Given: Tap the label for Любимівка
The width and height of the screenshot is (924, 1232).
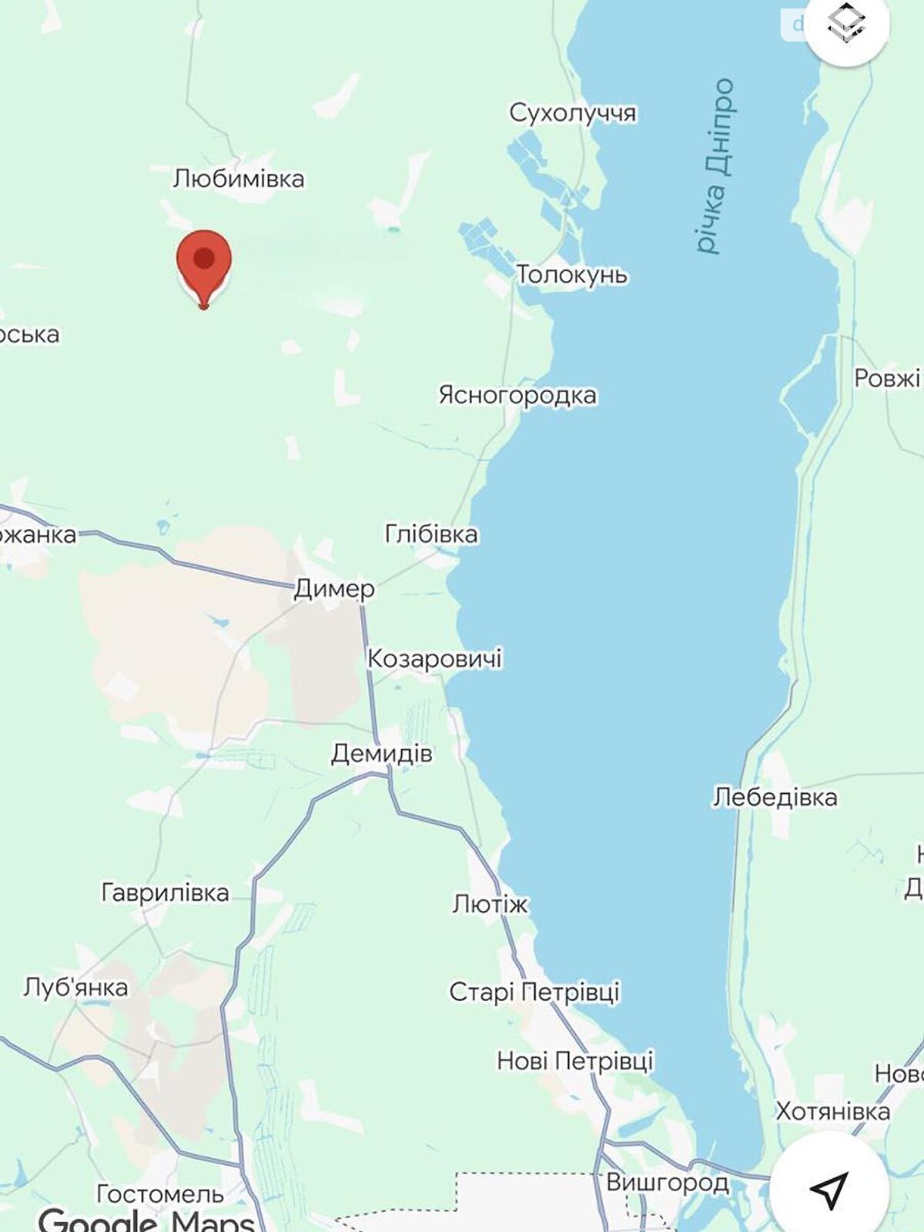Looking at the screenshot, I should pos(239,179).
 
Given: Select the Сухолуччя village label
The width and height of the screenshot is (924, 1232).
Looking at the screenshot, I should pos(573,113).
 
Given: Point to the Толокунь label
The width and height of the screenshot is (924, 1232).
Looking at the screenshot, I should pos(571,274).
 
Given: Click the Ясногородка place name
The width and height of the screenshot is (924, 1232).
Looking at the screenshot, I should pos(517,395).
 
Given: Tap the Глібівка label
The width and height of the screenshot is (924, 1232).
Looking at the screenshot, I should pos(431,534).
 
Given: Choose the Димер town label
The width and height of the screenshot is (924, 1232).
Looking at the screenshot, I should pos(334,589).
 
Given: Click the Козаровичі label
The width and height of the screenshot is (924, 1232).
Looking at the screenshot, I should pos(434,658).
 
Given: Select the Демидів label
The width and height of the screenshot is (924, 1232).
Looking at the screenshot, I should pos(382,753).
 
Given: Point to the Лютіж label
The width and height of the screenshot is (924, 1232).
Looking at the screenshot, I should pos(490,903).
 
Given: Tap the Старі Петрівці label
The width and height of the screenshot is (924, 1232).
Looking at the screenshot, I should pos(534,992).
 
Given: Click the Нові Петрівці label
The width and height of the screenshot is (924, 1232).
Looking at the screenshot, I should pos(574,1061).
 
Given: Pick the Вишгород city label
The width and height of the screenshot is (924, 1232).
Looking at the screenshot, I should pos(667,1182).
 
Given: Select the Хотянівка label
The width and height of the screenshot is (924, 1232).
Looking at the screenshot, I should pos(832,1111).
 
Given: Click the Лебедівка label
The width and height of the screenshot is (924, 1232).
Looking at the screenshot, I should pos(775,797).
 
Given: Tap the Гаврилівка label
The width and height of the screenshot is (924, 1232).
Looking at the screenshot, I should pos(166,892).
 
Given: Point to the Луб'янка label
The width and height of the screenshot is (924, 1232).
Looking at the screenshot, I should pos(75,987).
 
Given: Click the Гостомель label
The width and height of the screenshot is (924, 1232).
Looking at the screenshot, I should pos(160,1193).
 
